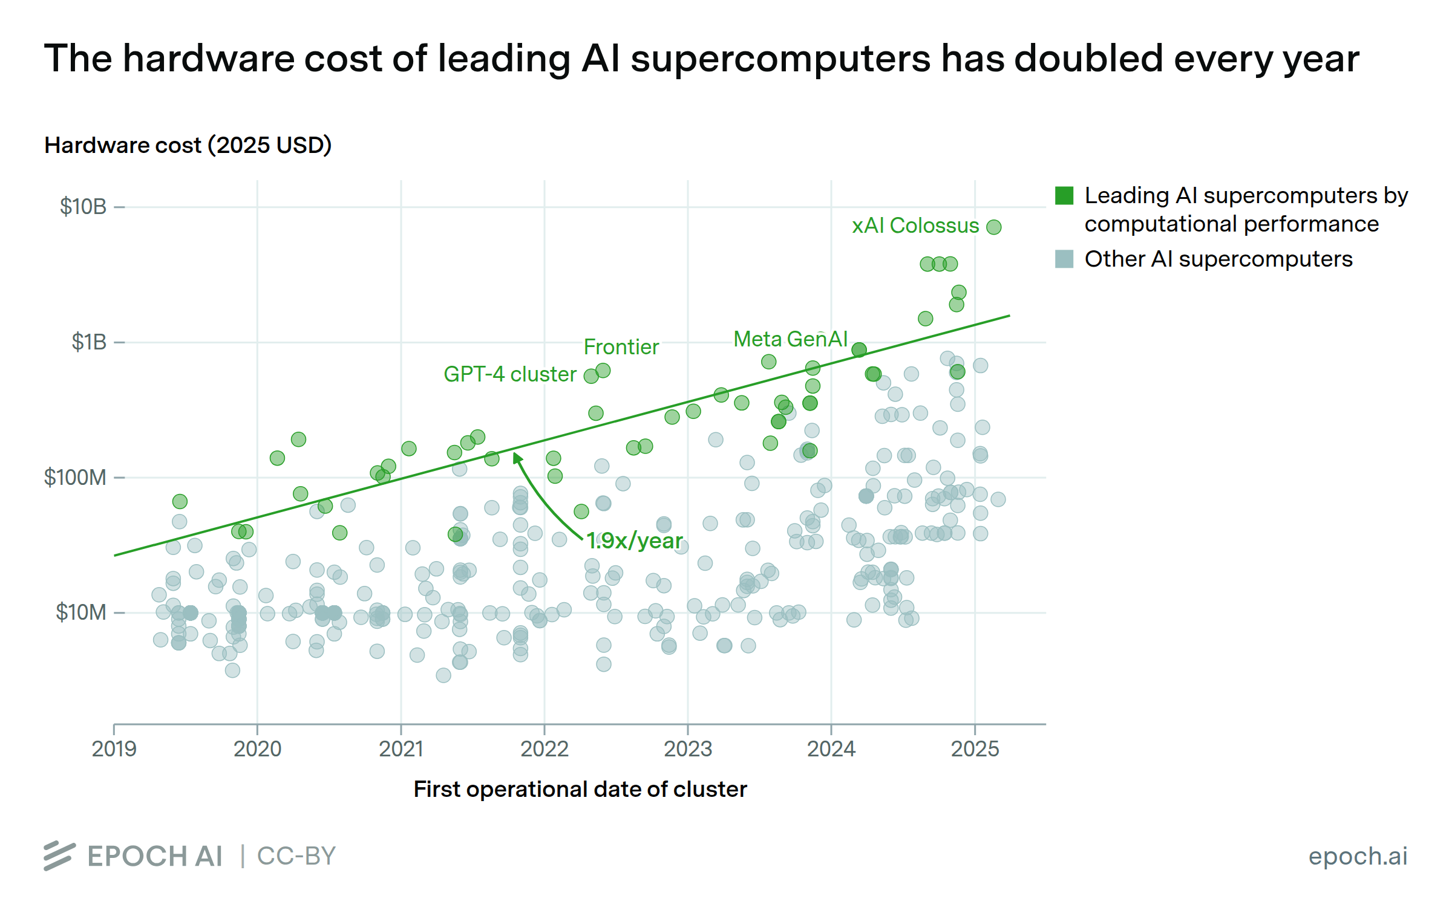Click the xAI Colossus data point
click(x=993, y=227)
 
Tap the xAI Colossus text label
click(x=915, y=226)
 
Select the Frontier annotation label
click(x=621, y=347)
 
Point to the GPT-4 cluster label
click(x=509, y=374)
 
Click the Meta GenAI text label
click(x=790, y=339)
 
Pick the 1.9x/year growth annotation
click(x=634, y=541)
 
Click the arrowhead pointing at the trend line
click(x=517, y=458)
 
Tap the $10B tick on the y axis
click(x=83, y=207)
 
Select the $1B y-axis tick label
click(x=89, y=342)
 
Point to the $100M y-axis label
click(x=75, y=478)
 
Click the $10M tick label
click(x=81, y=612)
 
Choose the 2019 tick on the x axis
click(x=114, y=749)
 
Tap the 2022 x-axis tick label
click(x=544, y=749)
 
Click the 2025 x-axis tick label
click(x=975, y=749)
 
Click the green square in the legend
click(x=1064, y=196)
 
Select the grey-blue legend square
click(x=1064, y=259)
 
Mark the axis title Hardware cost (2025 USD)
click(x=188, y=145)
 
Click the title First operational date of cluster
click(x=580, y=789)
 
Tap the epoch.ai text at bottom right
click(x=1358, y=856)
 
